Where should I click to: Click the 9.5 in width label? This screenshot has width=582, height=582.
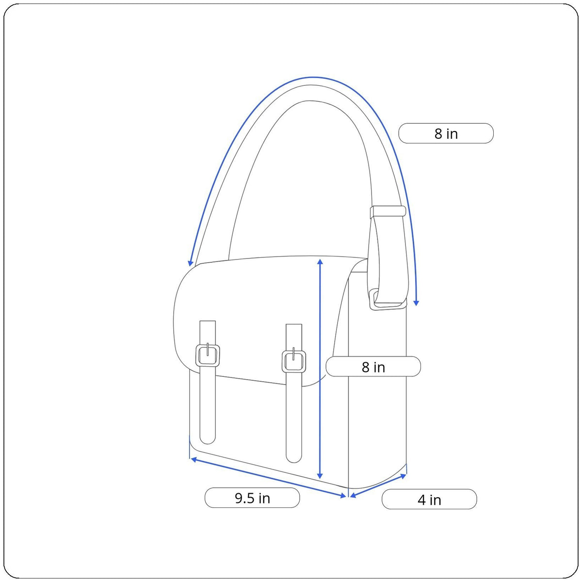pos(252,498)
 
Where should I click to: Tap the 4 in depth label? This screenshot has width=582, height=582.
pos(429,500)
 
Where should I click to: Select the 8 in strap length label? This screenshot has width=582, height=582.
pos(446,133)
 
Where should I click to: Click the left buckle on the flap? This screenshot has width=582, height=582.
pos(208,356)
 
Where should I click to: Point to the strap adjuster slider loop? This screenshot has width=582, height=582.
pos(388,211)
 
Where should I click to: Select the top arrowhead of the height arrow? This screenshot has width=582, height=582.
pos(320,261)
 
